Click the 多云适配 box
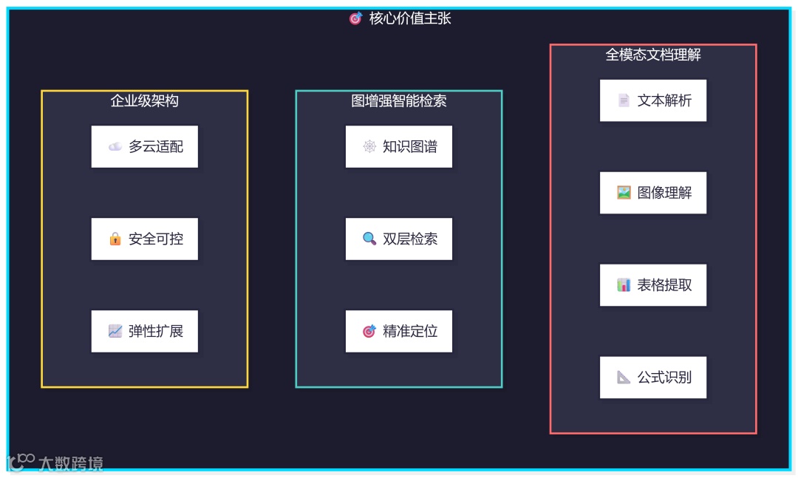tap(145, 146)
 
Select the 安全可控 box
tap(145, 239)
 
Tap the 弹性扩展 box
tap(145, 331)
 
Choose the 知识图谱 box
tap(399, 146)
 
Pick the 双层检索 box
tap(399, 239)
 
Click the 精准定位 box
tap(399, 331)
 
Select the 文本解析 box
tap(653, 100)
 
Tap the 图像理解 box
tap(653, 193)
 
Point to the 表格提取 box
tap(653, 285)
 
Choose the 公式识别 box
tap(653, 378)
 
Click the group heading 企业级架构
tap(145, 100)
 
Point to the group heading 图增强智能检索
tap(399, 100)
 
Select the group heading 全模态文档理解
tap(653, 55)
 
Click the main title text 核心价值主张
tap(410, 18)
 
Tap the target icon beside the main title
tap(356, 18)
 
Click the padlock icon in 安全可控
tap(115, 239)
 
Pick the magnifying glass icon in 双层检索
tap(369, 239)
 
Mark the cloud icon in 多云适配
tap(115, 146)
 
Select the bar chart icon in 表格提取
tap(624, 285)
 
